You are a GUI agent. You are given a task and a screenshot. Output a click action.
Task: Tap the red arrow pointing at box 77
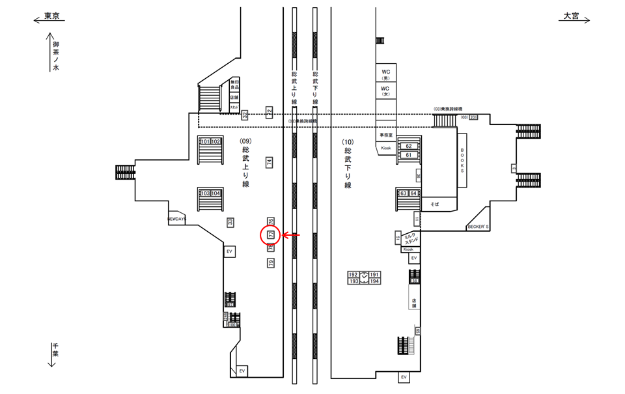[x=290, y=235]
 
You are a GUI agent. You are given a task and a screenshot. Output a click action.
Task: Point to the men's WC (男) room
[x=385, y=74]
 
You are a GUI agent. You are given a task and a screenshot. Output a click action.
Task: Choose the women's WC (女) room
[x=385, y=91]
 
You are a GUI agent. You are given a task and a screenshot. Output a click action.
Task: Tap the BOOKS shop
[x=462, y=160]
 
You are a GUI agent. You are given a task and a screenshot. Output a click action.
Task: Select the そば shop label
[x=434, y=204]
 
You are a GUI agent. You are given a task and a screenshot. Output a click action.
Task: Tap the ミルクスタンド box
[x=410, y=238]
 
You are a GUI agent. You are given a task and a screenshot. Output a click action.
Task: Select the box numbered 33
[x=230, y=222]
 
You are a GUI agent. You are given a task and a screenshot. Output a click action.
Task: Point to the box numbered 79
[x=271, y=263]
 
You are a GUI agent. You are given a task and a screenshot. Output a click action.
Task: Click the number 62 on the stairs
[x=409, y=146]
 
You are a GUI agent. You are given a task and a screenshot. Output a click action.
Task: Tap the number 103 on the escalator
[x=205, y=193]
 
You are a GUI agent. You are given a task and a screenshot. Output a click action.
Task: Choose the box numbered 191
[x=374, y=275]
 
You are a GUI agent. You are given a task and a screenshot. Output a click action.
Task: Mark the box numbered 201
[x=473, y=117]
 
